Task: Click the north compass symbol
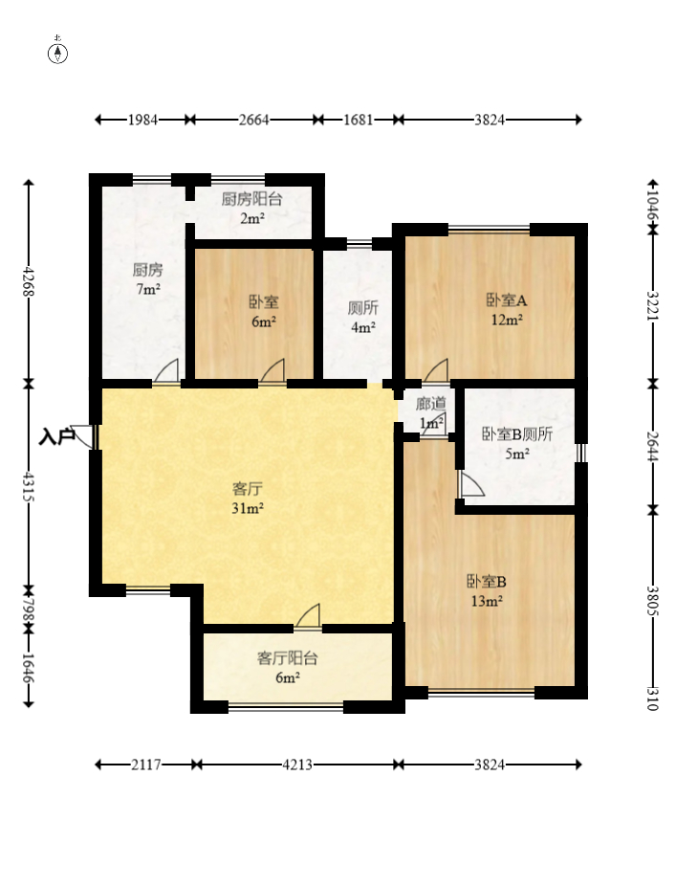point(57,52)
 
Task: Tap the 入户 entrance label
point(56,436)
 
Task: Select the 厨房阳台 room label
point(251,199)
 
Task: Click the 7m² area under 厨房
point(148,289)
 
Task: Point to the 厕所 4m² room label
point(363,318)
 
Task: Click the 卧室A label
point(507,299)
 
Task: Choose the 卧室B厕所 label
point(516,433)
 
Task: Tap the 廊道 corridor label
point(430,404)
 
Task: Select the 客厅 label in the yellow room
point(248,488)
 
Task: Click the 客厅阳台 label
point(287,658)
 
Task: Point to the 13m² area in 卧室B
point(487,601)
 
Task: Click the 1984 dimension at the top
point(142,120)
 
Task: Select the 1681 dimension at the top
point(359,120)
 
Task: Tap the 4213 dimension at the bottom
point(297,765)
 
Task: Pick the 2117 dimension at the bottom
point(146,765)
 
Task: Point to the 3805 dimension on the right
point(653,601)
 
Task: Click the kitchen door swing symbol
point(166,370)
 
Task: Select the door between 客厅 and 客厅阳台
point(308,615)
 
